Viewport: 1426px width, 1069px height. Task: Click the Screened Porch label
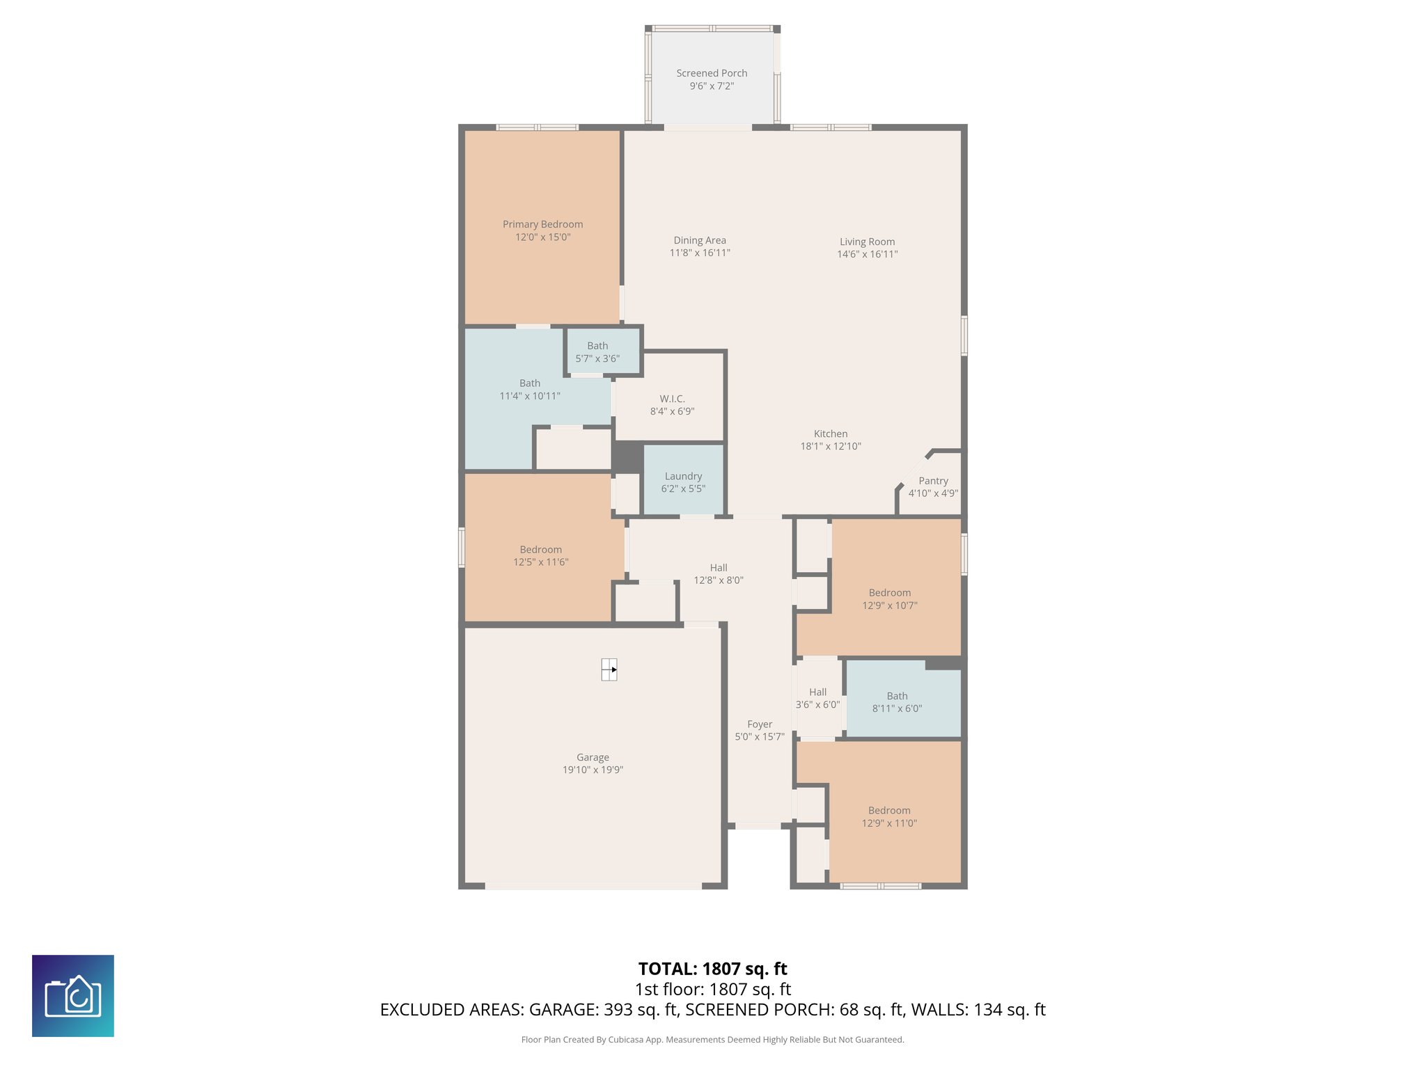coord(712,73)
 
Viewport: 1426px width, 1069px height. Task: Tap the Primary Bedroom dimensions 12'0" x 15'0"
coord(542,237)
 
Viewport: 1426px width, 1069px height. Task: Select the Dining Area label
coord(699,240)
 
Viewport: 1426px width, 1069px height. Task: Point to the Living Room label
coord(867,241)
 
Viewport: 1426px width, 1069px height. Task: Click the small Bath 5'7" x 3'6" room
coord(597,351)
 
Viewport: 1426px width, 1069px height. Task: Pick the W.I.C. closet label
coord(672,399)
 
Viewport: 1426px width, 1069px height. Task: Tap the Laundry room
coord(683,482)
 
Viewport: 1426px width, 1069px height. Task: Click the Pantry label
coord(933,481)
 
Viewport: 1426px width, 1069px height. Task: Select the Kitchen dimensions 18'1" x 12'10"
coord(831,446)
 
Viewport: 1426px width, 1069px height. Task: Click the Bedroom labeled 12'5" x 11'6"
coord(540,555)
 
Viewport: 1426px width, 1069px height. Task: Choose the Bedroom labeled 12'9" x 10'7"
coord(889,599)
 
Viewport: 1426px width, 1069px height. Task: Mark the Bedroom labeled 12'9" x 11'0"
coord(889,816)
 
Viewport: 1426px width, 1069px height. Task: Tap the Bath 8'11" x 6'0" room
coord(897,702)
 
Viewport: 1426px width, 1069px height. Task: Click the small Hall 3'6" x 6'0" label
coord(817,692)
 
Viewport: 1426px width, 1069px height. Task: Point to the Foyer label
coord(760,724)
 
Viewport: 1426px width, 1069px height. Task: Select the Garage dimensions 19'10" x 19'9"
coord(593,770)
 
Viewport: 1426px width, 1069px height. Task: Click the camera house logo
coord(73,996)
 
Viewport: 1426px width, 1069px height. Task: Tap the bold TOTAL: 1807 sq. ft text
coord(712,969)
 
